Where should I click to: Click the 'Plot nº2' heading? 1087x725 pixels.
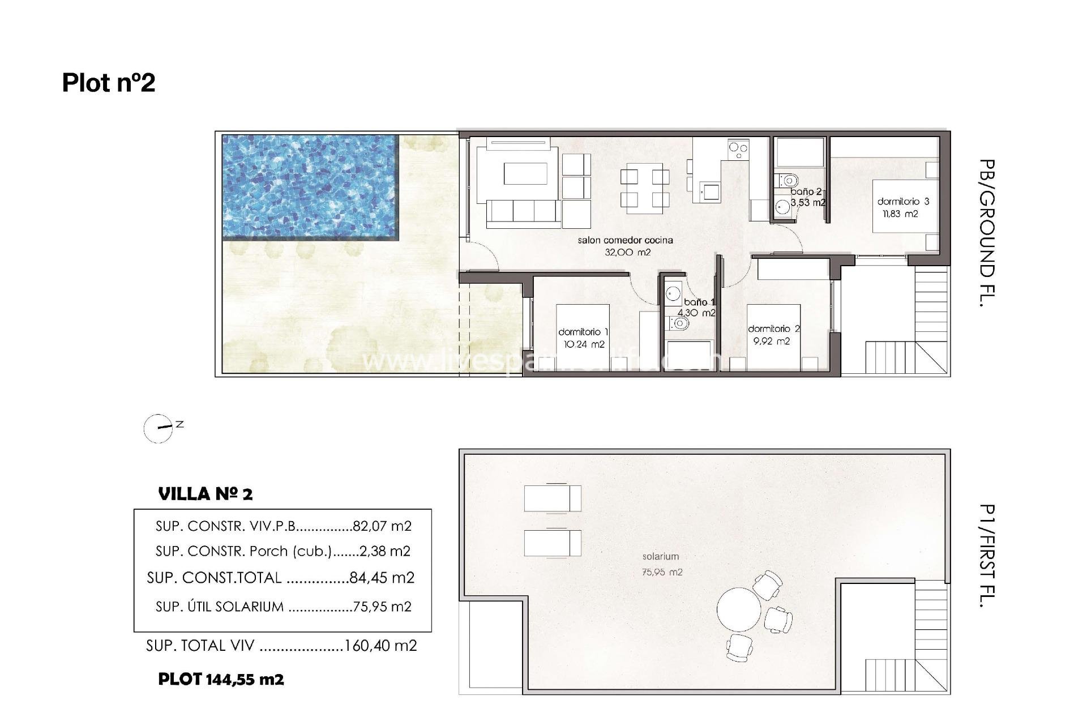[x=108, y=83]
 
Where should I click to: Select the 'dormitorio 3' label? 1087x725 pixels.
[x=903, y=202]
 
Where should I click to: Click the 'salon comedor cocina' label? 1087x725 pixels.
[x=625, y=240]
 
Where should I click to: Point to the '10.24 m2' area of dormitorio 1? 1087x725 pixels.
[x=584, y=344]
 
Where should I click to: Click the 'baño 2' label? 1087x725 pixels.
[x=806, y=192]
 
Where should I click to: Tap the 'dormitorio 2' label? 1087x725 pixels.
[x=773, y=329]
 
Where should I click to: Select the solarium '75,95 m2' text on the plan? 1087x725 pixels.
[x=662, y=573]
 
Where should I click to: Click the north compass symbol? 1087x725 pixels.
[x=159, y=428]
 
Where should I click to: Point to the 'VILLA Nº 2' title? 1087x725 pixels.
[x=206, y=494]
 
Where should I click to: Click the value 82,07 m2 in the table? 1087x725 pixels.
[x=382, y=526]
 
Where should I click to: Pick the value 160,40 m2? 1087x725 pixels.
[x=380, y=646]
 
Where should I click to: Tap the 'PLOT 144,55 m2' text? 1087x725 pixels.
[x=221, y=679]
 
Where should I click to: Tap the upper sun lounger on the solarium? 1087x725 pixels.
[x=552, y=498]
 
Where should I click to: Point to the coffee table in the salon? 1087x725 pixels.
[x=526, y=174]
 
